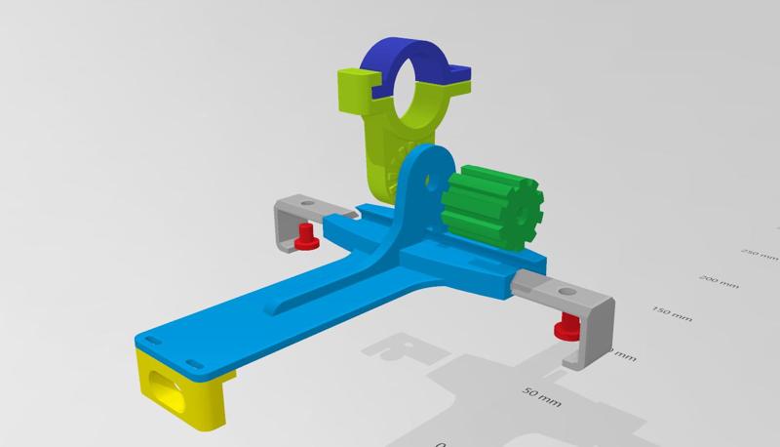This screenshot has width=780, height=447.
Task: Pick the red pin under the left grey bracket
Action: click(x=306, y=236)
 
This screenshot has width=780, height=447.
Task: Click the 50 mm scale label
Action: click(x=543, y=396)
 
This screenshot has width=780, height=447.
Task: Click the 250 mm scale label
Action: click(x=755, y=252)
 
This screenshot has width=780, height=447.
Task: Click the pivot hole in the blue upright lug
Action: click(x=425, y=180)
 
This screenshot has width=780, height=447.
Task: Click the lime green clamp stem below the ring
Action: click(x=385, y=146)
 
